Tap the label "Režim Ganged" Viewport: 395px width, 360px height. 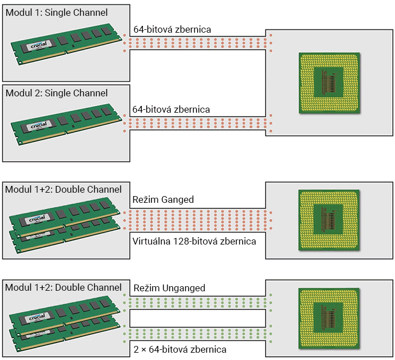[163, 199]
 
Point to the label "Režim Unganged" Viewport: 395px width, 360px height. [169, 288]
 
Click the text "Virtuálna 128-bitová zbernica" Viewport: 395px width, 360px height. [194, 241]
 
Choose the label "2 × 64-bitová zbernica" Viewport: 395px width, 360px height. [179, 350]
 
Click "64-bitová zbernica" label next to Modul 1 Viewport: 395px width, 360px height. [172, 29]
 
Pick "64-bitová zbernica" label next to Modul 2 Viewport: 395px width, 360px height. [171, 109]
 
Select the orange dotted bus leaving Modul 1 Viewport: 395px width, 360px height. [197, 42]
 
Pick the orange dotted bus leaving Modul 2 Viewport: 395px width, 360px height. [197, 123]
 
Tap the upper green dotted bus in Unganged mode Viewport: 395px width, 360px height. [197, 302]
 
